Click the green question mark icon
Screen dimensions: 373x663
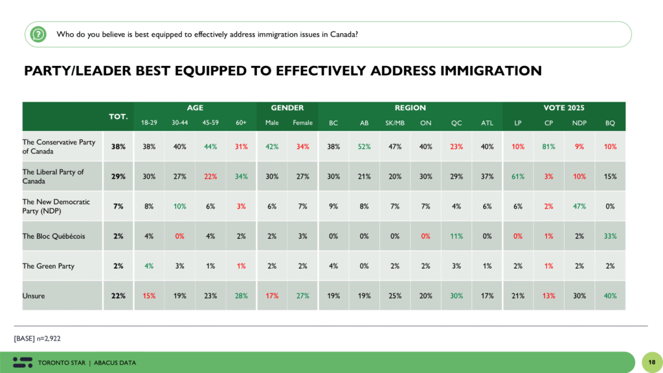tap(39, 34)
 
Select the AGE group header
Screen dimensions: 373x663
tap(195, 108)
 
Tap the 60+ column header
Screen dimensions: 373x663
tap(240, 122)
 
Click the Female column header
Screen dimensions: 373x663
tap(302, 122)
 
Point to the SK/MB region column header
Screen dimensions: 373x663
tap(394, 122)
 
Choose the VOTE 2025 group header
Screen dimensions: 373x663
tap(563, 108)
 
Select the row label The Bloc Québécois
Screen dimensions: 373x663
tap(53, 236)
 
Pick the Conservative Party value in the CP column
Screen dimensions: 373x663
tap(548, 146)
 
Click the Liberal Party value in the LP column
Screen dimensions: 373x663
tap(517, 176)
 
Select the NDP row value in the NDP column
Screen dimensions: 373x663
tap(579, 206)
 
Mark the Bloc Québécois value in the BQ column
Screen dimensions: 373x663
tap(609, 236)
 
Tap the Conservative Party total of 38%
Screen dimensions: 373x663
tap(118, 146)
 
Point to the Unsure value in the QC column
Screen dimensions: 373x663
tap(456, 295)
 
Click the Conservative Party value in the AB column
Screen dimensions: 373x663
tap(365, 146)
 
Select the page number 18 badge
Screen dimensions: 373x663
tap(650, 361)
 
